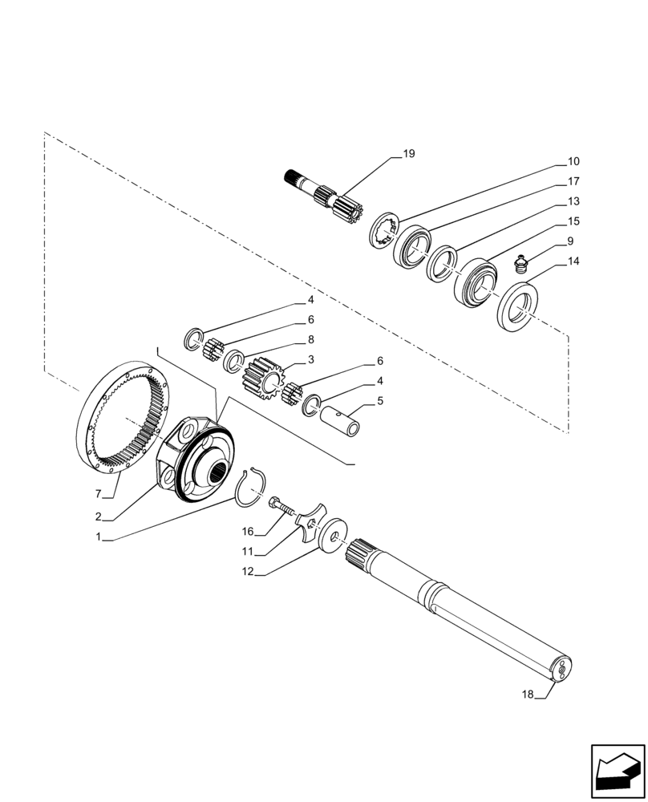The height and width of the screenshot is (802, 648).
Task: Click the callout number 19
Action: [x=409, y=153]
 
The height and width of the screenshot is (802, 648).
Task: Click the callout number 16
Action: [x=248, y=531]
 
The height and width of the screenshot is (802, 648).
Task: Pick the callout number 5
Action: [x=380, y=400]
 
